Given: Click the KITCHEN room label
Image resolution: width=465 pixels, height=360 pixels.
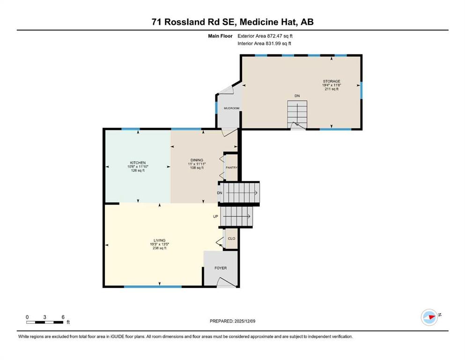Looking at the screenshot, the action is (138, 163).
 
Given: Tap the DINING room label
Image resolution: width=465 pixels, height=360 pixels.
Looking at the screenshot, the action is (197, 160).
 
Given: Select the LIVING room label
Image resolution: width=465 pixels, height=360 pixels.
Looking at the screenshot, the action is (160, 240).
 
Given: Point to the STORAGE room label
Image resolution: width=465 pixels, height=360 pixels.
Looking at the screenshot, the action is (332, 81).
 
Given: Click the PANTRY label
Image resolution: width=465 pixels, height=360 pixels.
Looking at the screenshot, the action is (232, 168).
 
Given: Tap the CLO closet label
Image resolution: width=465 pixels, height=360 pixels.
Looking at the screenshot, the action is (232, 239).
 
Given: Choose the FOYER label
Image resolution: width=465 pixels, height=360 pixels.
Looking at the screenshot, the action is (221, 268).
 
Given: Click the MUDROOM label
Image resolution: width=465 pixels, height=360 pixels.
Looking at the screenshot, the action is (232, 108).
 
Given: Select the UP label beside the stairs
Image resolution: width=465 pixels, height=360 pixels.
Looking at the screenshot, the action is (215, 217).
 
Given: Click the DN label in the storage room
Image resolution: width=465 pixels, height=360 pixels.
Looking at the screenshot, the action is (297, 96).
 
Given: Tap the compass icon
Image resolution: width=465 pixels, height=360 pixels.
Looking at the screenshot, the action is (429, 317).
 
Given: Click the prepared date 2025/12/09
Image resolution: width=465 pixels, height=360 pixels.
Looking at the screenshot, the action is (244, 321).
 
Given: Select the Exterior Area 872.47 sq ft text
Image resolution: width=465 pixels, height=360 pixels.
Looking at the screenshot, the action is (265, 36).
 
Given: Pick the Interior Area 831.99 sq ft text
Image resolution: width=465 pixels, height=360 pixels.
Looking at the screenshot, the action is (264, 43).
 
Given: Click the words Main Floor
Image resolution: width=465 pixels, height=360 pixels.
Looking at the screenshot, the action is (220, 36).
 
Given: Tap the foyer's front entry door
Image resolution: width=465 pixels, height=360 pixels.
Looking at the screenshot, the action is (227, 283).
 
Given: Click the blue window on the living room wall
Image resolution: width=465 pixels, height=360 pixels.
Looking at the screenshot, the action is (153, 287).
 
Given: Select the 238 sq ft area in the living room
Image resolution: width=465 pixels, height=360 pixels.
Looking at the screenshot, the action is (160, 248).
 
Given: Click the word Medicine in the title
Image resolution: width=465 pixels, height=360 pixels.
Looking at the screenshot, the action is (259, 22).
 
